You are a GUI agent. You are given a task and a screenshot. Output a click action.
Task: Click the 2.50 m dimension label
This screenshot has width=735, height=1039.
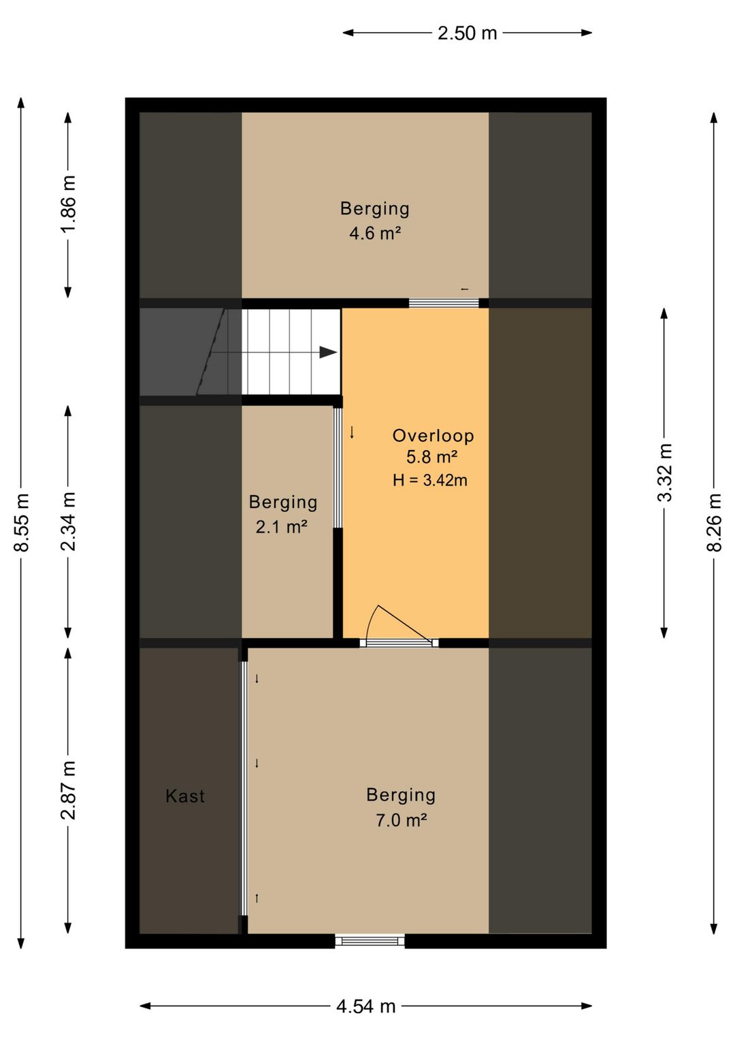point(467,33)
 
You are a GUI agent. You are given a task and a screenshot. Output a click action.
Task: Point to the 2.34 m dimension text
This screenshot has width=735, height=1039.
point(68,522)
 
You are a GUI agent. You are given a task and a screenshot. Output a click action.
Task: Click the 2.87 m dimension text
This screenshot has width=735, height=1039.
point(68,790)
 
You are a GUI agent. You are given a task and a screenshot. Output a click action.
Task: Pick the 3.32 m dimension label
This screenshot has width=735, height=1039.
point(664,473)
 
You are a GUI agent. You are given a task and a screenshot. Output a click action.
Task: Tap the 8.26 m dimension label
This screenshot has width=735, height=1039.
point(714,522)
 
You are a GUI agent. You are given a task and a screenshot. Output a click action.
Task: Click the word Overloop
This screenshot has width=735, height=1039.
point(433,436)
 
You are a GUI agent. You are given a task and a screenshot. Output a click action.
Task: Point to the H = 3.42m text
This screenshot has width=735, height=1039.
point(430,480)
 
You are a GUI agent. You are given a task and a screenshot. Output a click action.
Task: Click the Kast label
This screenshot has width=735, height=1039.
point(185,796)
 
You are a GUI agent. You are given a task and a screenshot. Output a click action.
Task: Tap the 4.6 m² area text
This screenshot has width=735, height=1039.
point(375,233)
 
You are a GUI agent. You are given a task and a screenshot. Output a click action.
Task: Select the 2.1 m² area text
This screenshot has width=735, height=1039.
point(282,527)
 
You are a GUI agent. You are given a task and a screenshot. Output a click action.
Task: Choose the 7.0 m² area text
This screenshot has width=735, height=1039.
point(401,820)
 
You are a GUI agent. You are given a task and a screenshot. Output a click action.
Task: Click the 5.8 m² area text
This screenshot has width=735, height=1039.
point(432,458)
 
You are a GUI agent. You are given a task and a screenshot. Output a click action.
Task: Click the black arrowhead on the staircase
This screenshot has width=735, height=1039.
point(328,353)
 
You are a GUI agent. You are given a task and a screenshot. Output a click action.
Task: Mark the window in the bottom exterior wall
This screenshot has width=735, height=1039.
point(370,941)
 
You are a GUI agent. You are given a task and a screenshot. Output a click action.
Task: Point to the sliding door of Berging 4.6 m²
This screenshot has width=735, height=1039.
point(444,303)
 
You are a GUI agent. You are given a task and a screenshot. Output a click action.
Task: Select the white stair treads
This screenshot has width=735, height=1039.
point(291,351)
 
